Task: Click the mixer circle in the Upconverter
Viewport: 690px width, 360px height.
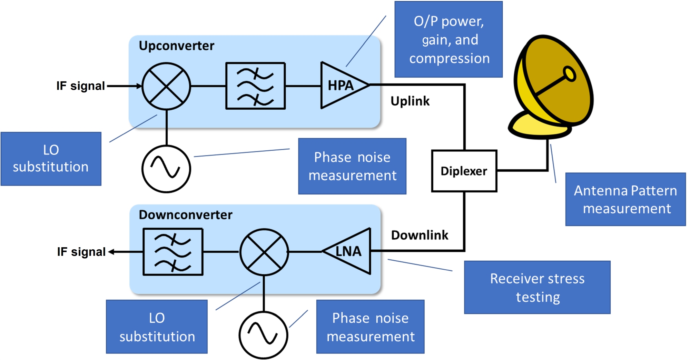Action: [x=166, y=86]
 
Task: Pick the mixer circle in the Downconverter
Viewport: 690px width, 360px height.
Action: [x=264, y=252]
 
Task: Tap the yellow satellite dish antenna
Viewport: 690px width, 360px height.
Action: [x=552, y=86]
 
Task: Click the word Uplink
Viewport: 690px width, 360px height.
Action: [x=410, y=101]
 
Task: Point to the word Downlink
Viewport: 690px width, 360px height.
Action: [x=420, y=235]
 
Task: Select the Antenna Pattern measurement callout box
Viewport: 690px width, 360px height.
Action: [x=625, y=199]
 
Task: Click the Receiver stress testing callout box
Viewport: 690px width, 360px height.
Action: [x=537, y=287]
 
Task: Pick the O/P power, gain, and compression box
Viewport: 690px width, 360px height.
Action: [x=448, y=39]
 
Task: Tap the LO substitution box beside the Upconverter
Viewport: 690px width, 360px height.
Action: [x=51, y=159]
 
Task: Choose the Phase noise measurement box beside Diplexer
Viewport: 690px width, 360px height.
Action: [x=352, y=166]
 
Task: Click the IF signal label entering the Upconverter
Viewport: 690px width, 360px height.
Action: [x=80, y=86]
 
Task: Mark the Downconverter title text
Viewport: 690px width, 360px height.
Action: [x=186, y=215]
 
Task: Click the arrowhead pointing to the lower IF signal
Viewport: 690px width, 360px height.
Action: [x=111, y=252]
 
